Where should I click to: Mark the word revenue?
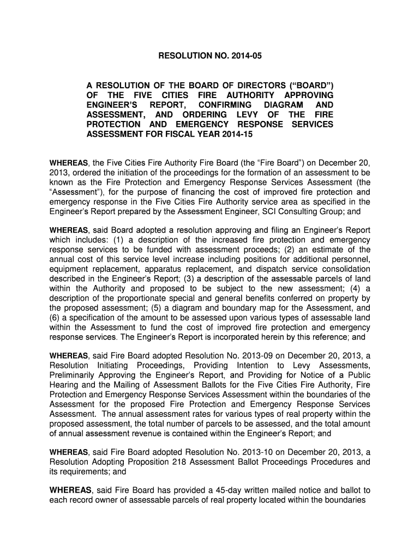pyautogui.click(x=151, y=434)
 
